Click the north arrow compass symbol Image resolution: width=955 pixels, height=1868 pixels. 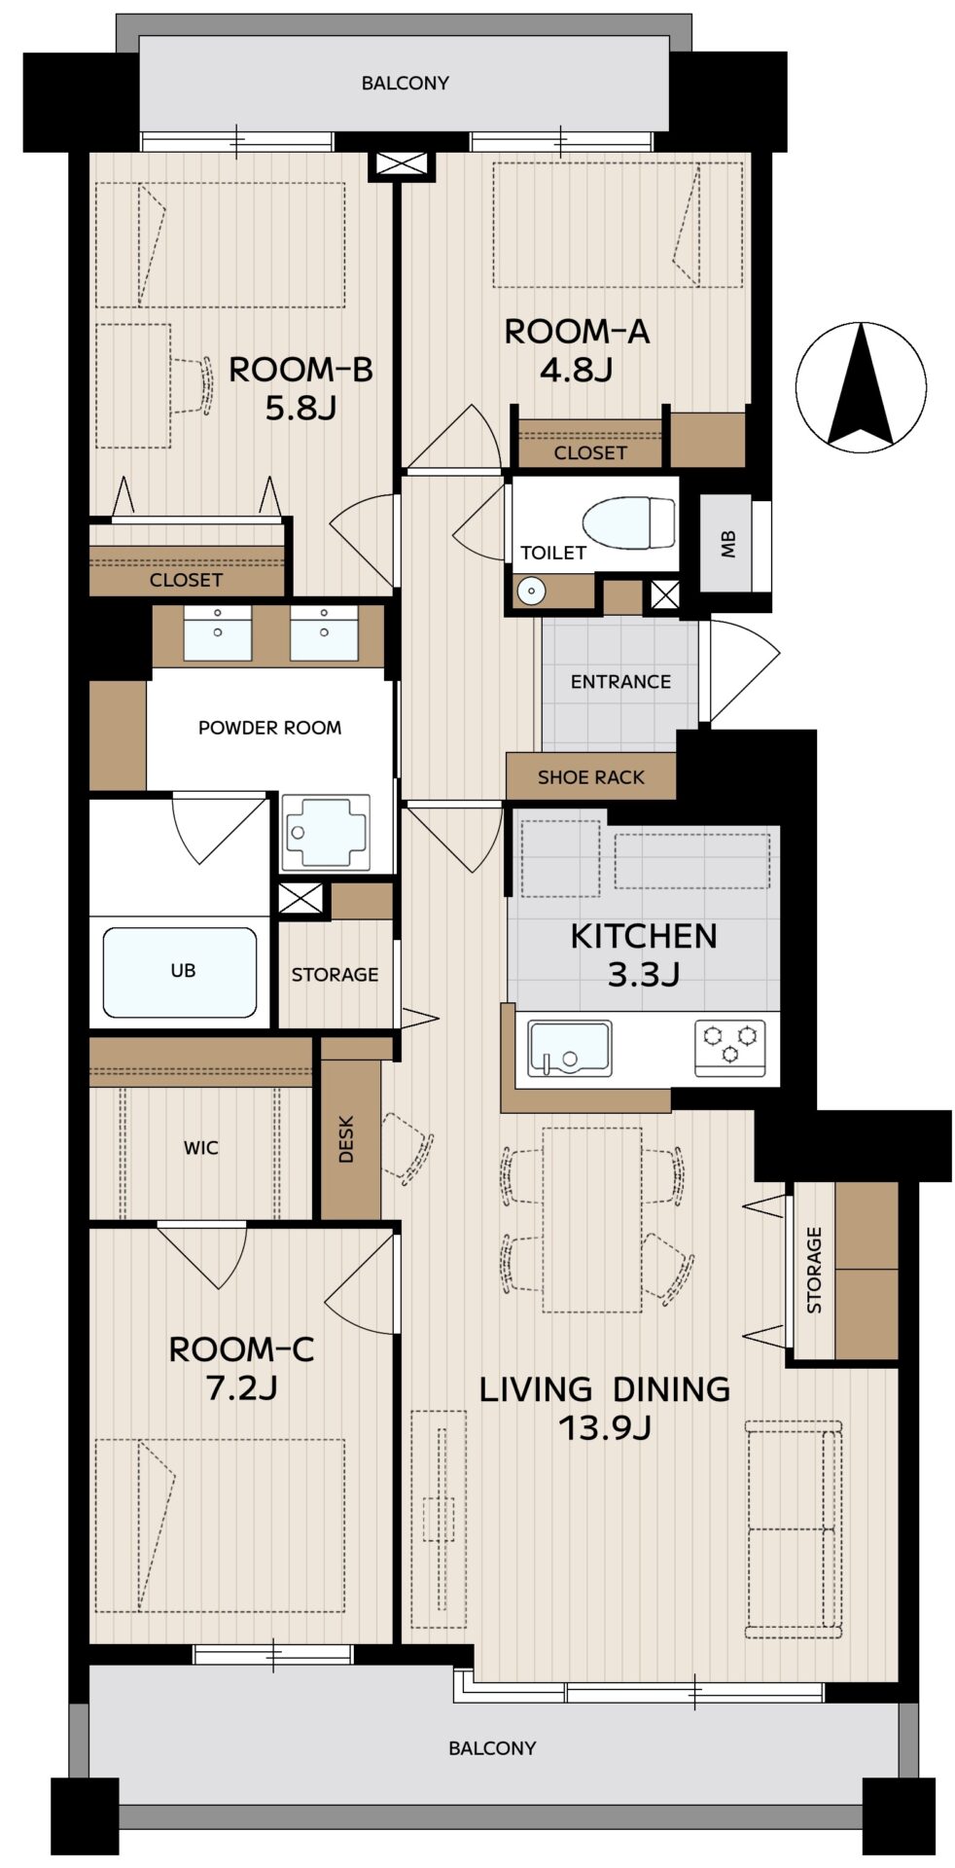(861, 386)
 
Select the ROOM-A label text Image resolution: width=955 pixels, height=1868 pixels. (577, 332)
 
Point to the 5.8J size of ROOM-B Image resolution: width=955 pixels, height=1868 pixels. (301, 408)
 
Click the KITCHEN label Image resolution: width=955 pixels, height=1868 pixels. (644, 936)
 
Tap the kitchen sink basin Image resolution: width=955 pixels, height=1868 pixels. (569, 1049)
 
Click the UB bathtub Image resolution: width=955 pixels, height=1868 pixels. (180, 972)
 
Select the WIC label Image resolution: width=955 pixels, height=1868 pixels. (201, 1148)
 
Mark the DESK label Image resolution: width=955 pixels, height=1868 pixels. (347, 1139)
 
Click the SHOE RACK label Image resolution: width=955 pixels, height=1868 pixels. (591, 777)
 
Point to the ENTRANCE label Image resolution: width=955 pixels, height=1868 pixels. (620, 681)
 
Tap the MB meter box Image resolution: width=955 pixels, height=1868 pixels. (728, 545)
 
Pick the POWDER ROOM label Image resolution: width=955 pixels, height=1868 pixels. (269, 728)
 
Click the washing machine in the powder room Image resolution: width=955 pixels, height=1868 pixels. (325, 833)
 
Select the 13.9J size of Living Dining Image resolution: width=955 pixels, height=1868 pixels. (605, 1427)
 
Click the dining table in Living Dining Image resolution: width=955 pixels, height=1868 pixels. (592, 1219)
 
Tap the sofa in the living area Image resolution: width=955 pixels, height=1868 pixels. (794, 1528)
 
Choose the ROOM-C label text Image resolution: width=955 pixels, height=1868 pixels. (241, 1349)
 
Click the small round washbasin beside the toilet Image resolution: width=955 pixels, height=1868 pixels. (529, 591)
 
